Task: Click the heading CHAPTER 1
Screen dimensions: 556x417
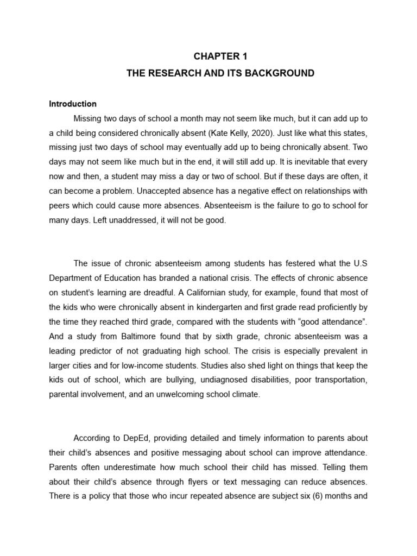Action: coord(220,55)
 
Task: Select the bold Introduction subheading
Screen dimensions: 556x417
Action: coord(73,104)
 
